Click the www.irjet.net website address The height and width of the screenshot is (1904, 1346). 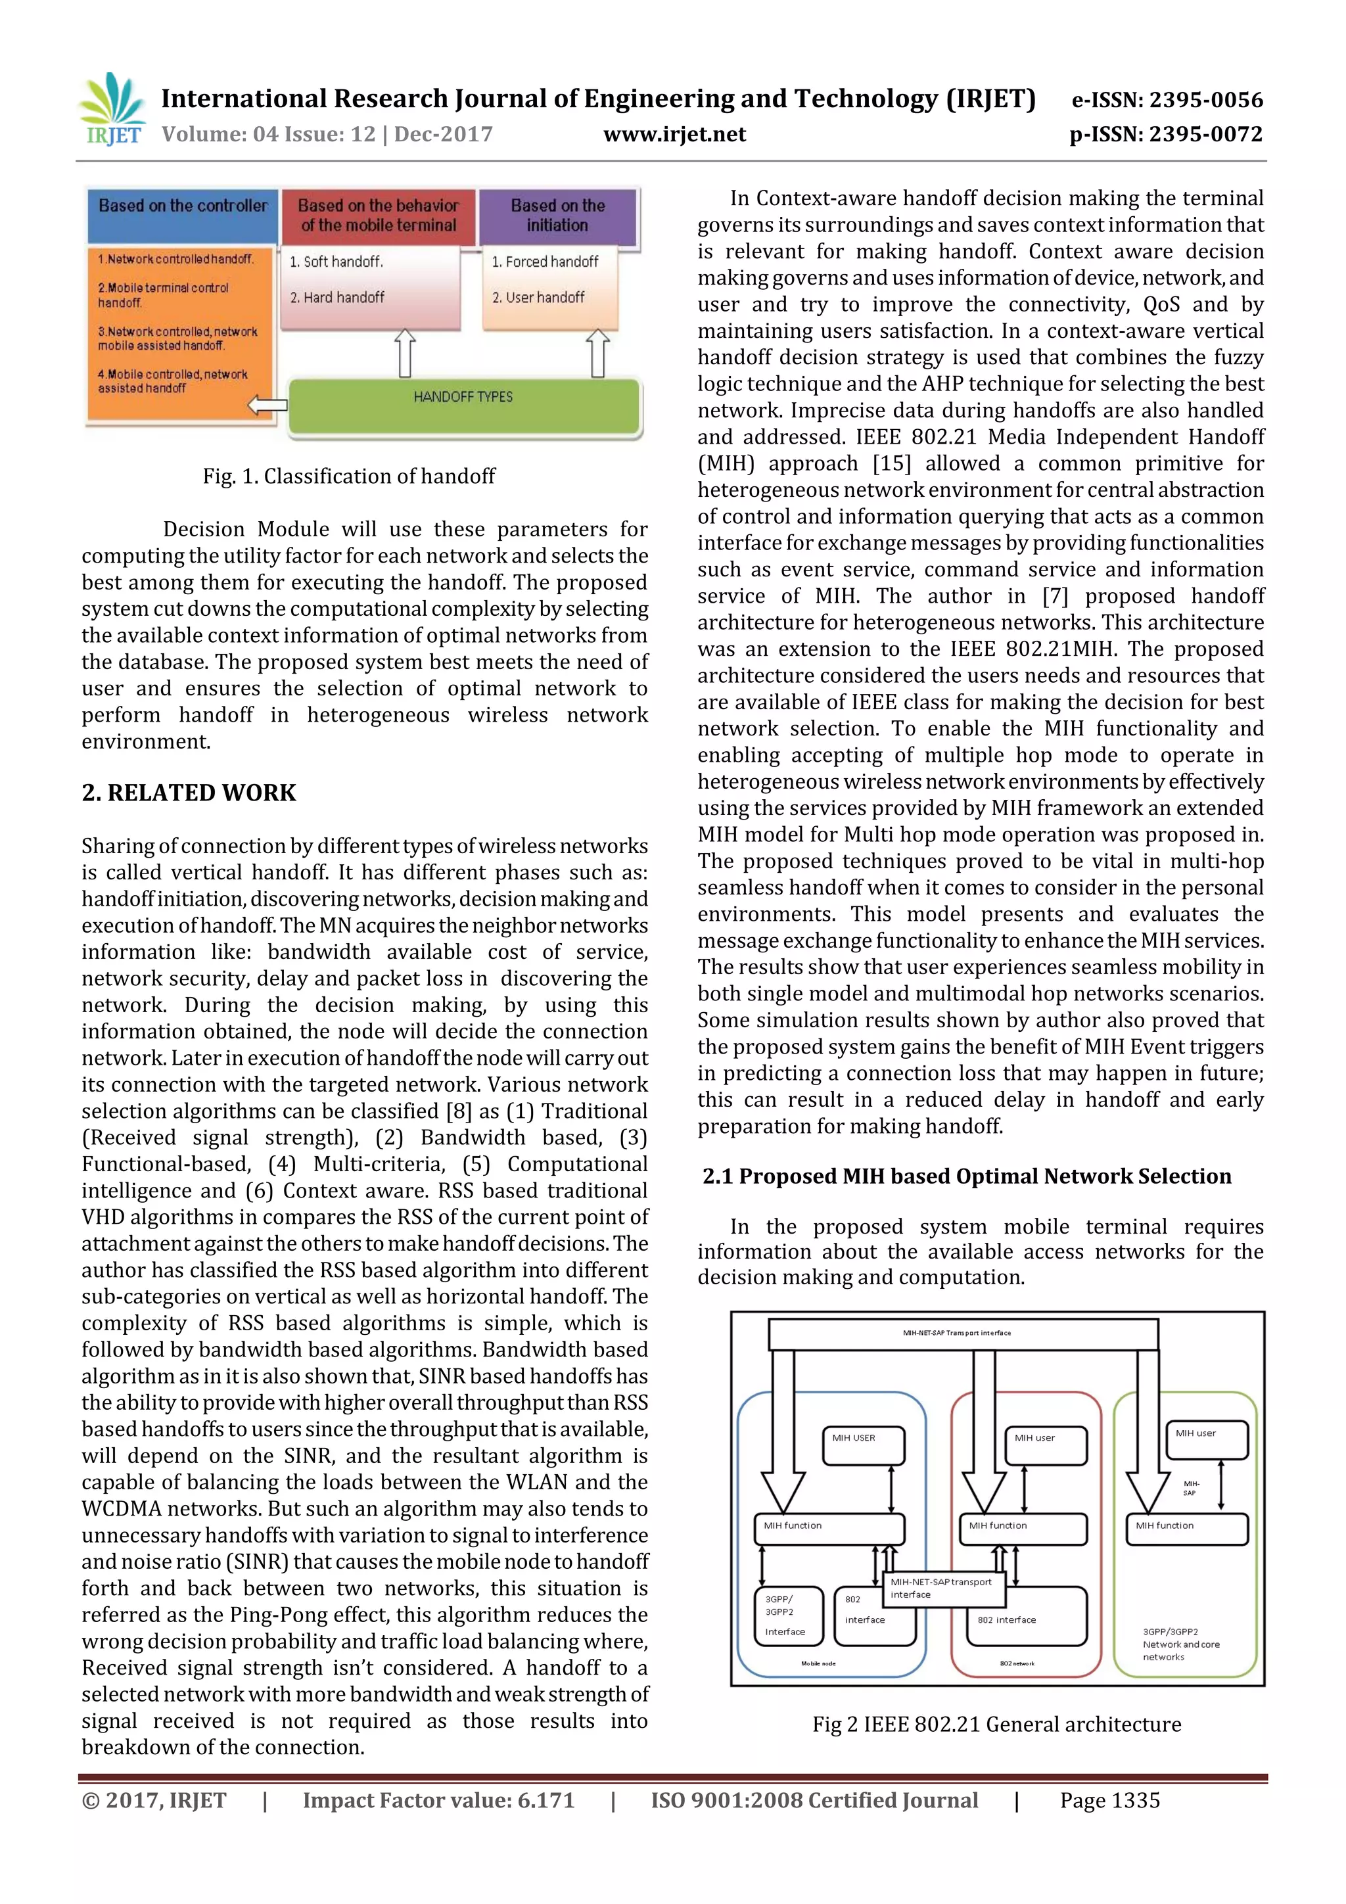coord(674,134)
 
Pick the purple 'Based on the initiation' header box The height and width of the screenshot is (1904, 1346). coord(557,215)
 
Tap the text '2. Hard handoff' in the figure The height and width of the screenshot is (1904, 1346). coord(338,297)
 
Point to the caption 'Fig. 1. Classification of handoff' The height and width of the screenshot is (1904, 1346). coord(349,476)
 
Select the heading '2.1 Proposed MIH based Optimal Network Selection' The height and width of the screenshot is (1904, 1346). coord(966,1176)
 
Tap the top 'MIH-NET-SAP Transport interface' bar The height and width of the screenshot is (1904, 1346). coord(962,1334)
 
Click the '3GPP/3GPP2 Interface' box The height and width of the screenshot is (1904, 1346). coord(789,1615)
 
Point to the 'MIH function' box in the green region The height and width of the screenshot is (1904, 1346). coord(1186,1528)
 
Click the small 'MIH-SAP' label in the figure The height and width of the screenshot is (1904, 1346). coord(1190,1488)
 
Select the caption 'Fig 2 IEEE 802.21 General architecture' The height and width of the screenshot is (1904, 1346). coord(996,1725)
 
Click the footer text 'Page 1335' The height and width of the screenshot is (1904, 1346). coord(1109,1800)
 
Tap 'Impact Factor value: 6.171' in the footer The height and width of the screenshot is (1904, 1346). coord(438,1800)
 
